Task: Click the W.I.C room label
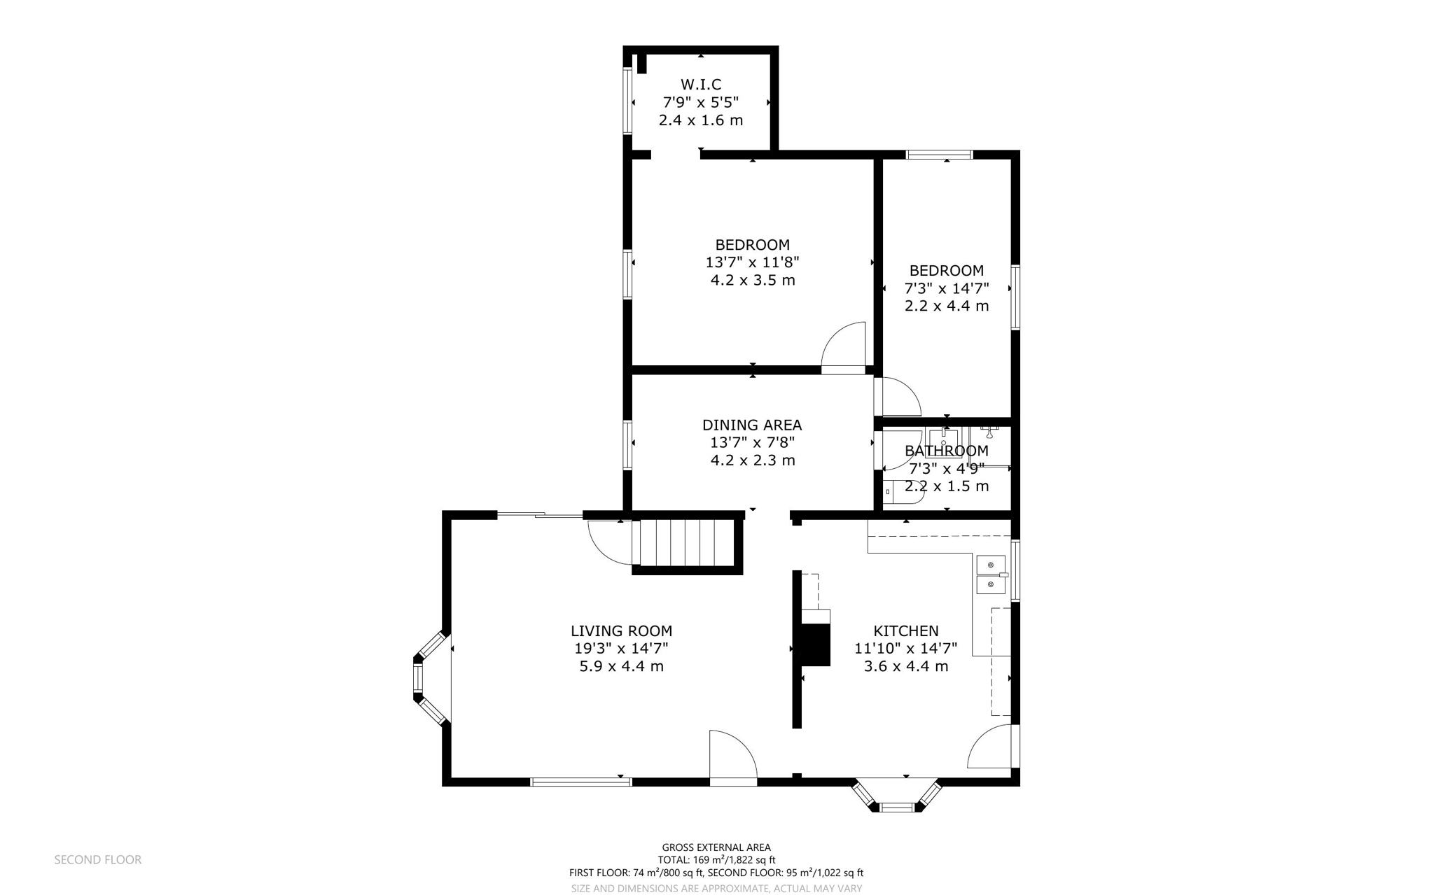700,85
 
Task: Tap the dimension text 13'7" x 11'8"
752,262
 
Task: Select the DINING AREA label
752,425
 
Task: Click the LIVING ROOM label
621,630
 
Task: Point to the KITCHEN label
905,630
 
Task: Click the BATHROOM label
946,451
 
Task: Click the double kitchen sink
991,574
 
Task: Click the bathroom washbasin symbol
943,440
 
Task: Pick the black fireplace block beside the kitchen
814,644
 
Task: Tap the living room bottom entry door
732,758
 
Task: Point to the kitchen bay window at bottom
897,796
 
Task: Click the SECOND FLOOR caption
97,859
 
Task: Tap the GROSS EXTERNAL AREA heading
716,847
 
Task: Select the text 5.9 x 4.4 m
621,666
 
